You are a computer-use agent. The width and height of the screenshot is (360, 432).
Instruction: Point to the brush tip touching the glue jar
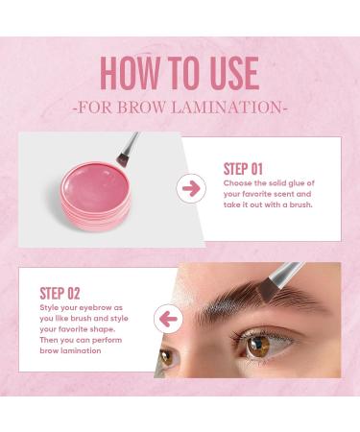123,163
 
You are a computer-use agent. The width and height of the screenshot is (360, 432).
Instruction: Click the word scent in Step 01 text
297,193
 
